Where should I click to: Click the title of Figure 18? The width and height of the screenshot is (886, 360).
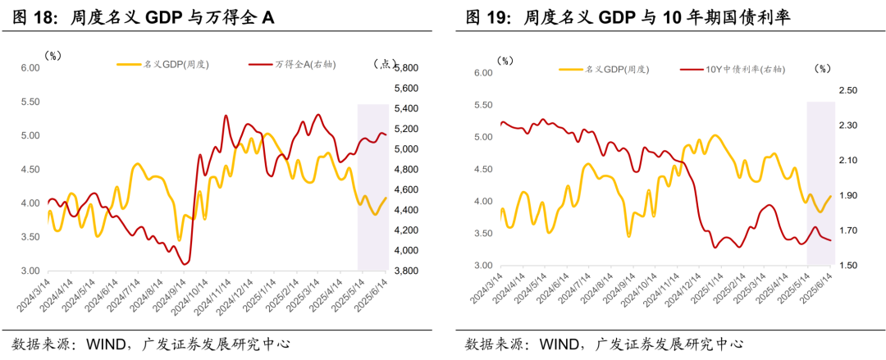tap(144, 17)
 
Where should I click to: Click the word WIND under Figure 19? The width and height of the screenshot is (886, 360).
tap(560, 344)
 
